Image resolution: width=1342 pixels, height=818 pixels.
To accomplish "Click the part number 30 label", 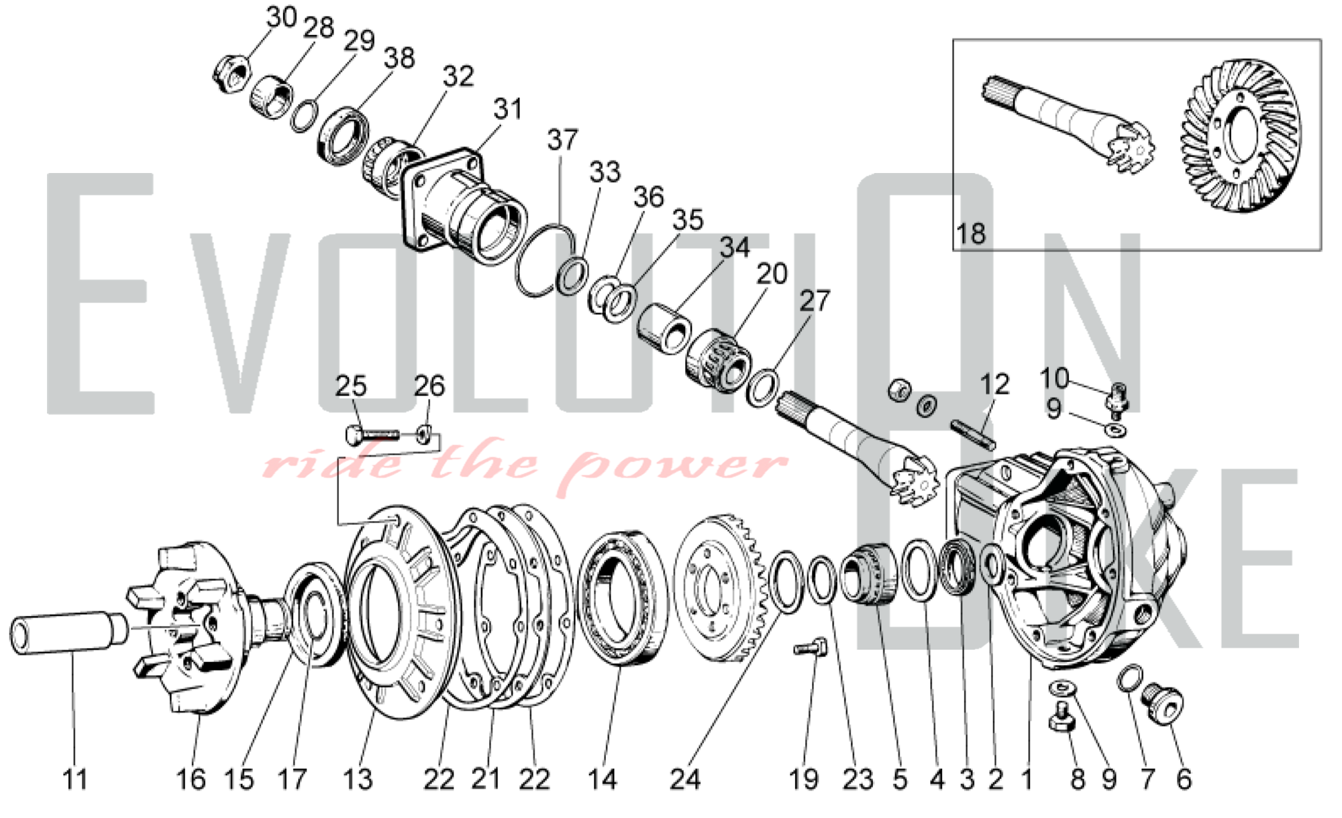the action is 281,17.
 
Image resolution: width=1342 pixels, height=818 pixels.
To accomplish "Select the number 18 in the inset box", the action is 971,234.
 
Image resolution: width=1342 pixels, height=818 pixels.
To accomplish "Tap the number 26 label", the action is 429,386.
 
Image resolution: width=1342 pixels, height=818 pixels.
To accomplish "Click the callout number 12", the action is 994,384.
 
